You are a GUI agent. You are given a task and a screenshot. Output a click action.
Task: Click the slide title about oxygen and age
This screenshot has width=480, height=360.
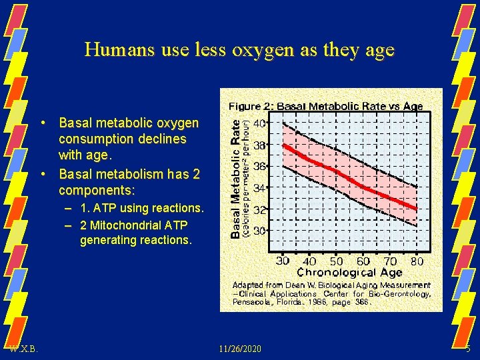tap(239, 50)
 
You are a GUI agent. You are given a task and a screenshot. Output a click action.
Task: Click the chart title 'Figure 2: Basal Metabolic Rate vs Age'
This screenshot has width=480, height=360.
tap(325, 106)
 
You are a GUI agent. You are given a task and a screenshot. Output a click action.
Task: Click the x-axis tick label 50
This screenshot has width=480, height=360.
tap(337, 261)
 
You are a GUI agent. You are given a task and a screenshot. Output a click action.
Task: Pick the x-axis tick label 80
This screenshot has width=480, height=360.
tap(417, 261)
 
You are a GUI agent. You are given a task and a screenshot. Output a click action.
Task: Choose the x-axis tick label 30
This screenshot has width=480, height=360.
tap(283, 261)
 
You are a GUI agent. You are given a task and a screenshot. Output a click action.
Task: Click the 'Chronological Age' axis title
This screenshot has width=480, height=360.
tap(349, 272)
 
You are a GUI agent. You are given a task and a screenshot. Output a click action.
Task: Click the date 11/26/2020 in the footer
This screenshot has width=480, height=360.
tap(239, 349)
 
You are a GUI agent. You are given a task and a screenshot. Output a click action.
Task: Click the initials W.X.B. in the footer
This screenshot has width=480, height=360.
tap(24, 349)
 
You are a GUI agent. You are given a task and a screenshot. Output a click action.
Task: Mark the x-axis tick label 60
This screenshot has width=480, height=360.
tap(363, 261)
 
